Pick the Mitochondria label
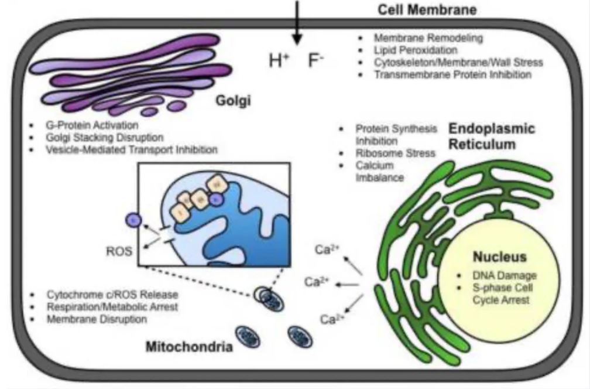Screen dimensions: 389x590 [x=190, y=347]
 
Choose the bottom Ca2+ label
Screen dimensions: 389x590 [x=332, y=319]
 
